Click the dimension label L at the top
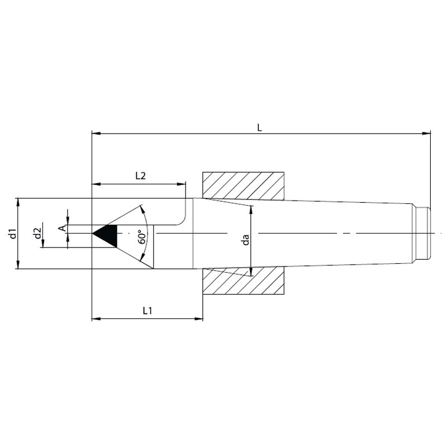(259, 127)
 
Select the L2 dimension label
(140, 176)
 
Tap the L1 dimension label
(148, 311)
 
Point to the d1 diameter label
(12, 233)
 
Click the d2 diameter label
(37, 233)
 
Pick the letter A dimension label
(62, 228)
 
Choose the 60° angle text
(142, 237)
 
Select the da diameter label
(245, 240)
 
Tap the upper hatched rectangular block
(243, 186)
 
